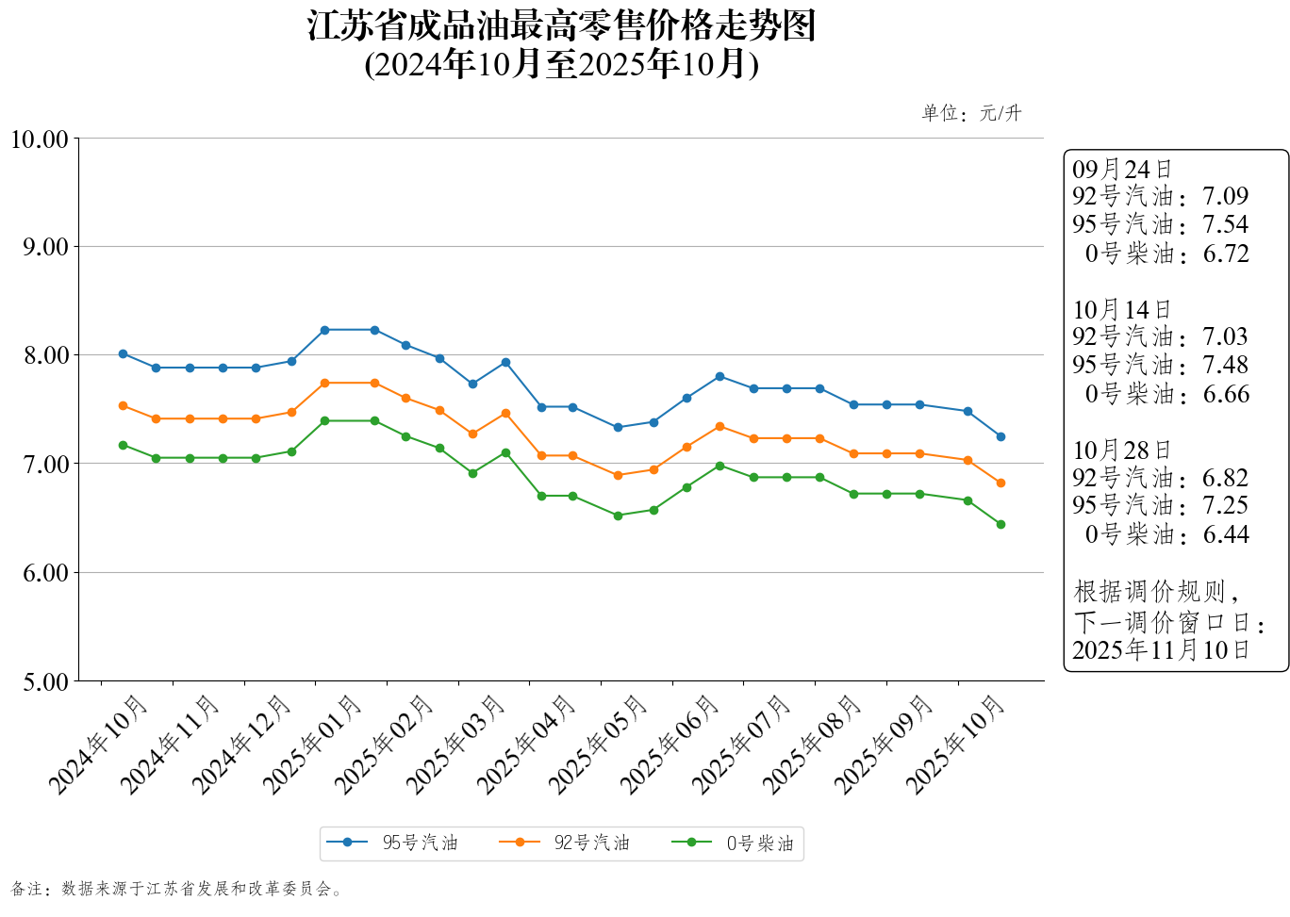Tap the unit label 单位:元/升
971,113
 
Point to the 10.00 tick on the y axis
40,139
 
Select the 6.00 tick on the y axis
45,573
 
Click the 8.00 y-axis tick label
45,356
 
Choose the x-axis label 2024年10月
99,744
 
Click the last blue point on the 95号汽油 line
1001,436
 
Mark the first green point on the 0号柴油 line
123,445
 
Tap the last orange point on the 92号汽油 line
1001,483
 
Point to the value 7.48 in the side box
1225,365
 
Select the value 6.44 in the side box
1225,534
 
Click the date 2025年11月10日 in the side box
1161,649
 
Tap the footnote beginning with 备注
177,889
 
